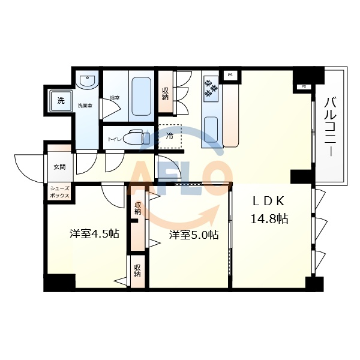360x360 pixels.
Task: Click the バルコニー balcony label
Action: coord(329,126)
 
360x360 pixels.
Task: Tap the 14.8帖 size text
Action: coord(269,218)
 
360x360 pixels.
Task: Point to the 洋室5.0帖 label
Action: coord(193,235)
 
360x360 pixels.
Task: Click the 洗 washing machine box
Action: coord(61,100)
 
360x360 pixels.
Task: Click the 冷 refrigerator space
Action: coord(170,136)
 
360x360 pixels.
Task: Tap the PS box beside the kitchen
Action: coord(230,75)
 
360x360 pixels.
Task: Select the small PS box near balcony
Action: coord(304,87)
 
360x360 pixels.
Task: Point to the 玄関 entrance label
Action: coord(59,167)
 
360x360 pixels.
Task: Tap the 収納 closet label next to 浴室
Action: coord(165,94)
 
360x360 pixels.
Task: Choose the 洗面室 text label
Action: coord(85,106)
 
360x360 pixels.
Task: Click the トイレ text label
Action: coord(115,139)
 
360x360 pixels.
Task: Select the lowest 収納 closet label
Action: coord(137,271)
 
